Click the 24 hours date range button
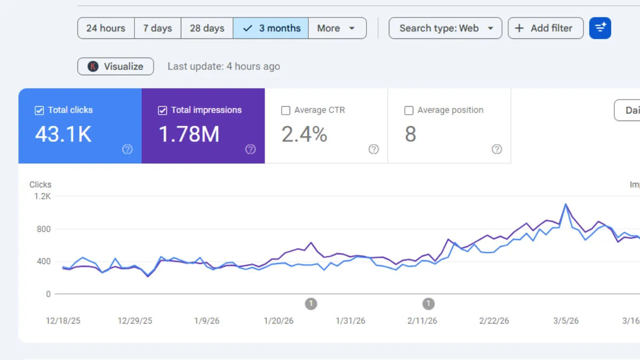click(x=106, y=28)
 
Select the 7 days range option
click(x=157, y=28)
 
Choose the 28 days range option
click(x=207, y=28)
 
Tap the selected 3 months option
click(x=271, y=28)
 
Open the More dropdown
click(x=337, y=28)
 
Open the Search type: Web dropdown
click(x=445, y=28)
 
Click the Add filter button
click(x=545, y=28)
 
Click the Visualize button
click(x=116, y=67)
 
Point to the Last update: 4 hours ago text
click(x=223, y=67)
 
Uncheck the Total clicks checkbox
click(x=39, y=110)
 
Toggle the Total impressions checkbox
click(x=163, y=110)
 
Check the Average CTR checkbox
click(x=286, y=110)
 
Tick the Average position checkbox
click(x=409, y=110)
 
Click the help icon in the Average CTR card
click(x=374, y=149)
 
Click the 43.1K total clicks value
click(x=63, y=135)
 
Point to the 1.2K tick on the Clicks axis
click(x=43, y=196)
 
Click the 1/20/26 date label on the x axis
click(x=278, y=321)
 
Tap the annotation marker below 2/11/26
click(x=428, y=304)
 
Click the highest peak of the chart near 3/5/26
click(x=565, y=204)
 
